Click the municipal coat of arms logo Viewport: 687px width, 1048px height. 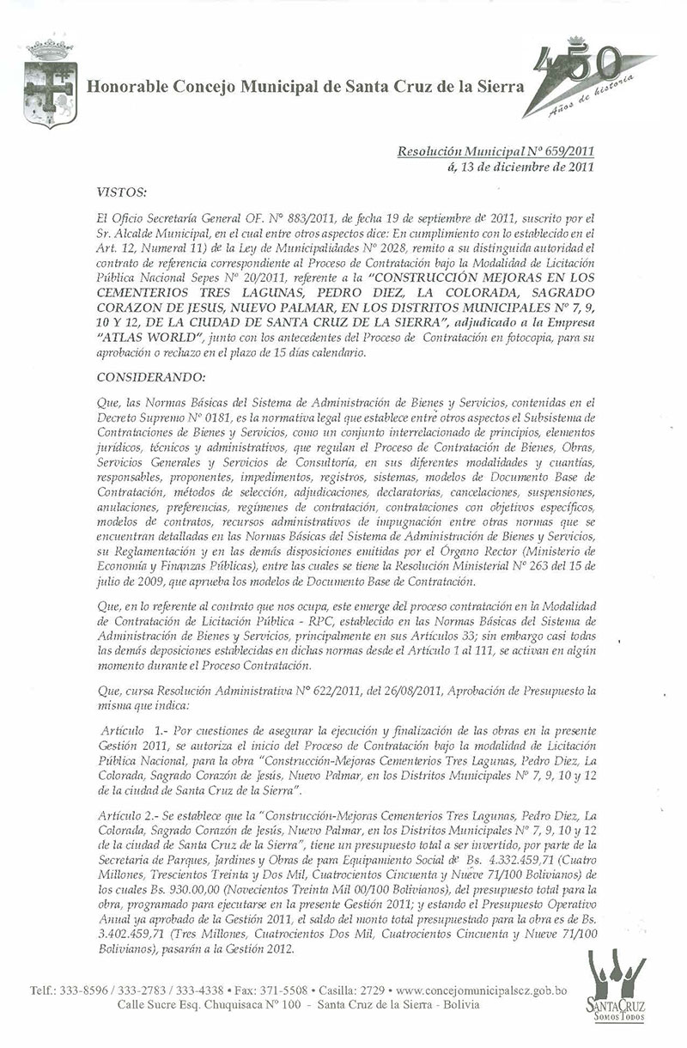click(x=50, y=83)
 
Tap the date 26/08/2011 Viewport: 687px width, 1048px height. click(x=374, y=689)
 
